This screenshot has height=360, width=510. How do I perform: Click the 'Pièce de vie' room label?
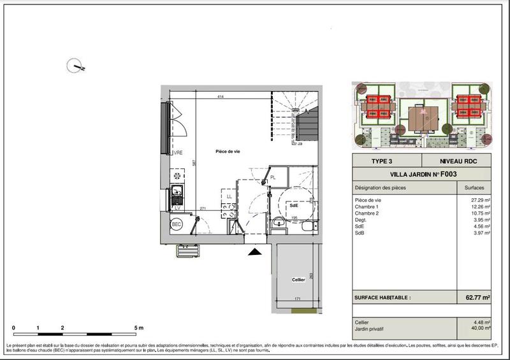coord(227,150)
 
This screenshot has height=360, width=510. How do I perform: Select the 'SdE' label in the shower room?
coord(294,206)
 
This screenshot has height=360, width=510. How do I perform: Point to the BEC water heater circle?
coord(177,224)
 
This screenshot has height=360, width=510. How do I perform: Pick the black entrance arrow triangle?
coord(254,252)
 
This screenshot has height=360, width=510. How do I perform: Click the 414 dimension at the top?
coord(221,97)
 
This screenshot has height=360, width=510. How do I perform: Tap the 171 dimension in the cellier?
coord(296,298)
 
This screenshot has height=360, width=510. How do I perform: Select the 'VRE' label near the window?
coord(179,153)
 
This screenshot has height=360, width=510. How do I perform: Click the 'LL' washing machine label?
coord(228,197)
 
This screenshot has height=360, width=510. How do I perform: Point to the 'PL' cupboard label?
coord(272,178)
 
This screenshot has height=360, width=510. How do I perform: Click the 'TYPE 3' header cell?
coord(386,161)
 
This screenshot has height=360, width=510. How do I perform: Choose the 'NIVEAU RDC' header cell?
coord(456,161)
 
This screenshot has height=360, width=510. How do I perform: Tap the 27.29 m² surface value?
coord(479,200)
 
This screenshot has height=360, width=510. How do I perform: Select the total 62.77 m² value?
coord(477,297)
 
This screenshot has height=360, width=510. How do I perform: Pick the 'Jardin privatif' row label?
coord(371,328)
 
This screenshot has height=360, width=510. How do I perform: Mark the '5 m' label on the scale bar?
coord(140,328)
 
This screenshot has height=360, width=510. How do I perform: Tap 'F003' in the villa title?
coord(444,173)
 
